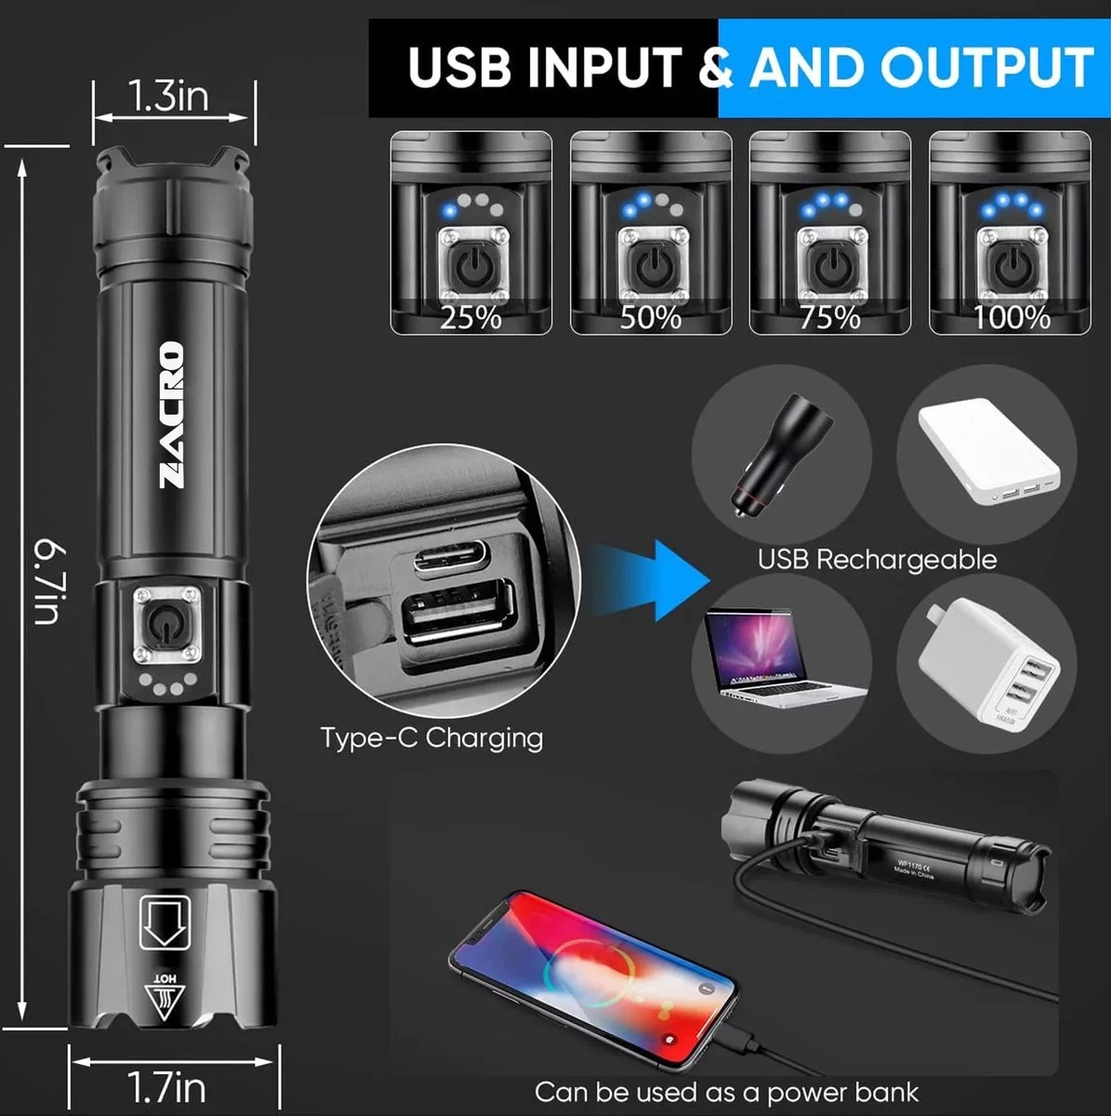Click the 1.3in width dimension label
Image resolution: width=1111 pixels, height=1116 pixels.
[168, 97]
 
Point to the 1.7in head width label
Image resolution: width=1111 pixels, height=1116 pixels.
[166, 1086]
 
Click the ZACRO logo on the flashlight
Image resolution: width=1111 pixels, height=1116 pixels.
[172, 414]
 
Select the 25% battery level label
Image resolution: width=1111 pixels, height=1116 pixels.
[470, 318]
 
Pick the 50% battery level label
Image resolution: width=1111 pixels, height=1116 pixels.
[651, 318]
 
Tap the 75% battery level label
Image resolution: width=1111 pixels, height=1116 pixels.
[830, 318]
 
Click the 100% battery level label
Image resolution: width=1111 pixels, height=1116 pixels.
[1011, 318]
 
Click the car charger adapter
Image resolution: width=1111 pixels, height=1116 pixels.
[779, 456]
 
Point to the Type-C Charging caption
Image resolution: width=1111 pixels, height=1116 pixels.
[431, 737]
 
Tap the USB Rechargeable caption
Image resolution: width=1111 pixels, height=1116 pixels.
[877, 559]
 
